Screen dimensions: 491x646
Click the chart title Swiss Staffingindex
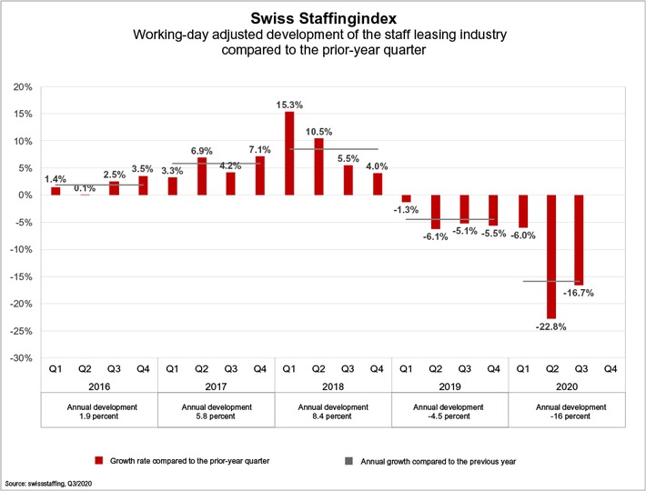(322, 16)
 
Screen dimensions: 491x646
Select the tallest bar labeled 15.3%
(289, 153)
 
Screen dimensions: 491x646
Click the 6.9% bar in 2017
(202, 176)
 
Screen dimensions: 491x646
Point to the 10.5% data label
(318, 131)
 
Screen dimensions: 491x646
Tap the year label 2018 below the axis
(333, 386)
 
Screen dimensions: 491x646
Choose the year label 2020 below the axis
(566, 386)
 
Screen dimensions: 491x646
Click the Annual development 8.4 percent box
(333, 412)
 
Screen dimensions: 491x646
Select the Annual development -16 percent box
(566, 412)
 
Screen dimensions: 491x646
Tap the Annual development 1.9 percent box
(100, 412)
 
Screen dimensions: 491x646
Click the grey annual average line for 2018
(333, 149)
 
